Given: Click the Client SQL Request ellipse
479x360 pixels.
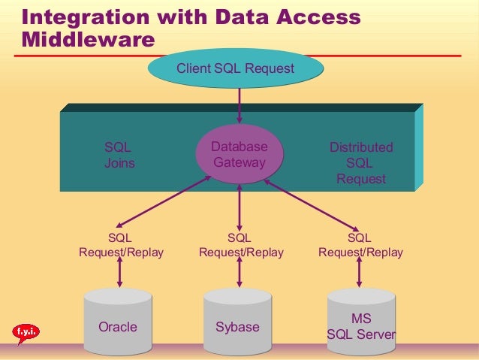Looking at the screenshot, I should [235, 70].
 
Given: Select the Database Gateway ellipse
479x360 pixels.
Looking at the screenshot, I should [239, 154].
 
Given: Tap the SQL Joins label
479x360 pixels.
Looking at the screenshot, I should [119, 155].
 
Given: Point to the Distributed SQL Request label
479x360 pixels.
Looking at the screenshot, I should [360, 163].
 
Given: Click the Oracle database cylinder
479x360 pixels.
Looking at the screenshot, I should [118, 323].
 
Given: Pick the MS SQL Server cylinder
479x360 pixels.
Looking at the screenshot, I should [360, 323].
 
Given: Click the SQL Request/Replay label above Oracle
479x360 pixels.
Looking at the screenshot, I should [121, 246].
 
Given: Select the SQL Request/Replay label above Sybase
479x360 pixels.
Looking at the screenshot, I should [240, 246].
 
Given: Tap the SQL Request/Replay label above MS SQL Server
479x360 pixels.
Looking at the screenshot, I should [360, 246].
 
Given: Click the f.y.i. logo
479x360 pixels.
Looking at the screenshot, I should [26, 331].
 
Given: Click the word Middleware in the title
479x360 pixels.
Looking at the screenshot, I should [83, 39].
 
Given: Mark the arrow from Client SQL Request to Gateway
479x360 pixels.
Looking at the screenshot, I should [239, 105].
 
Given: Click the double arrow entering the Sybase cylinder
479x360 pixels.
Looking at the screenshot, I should [239, 274].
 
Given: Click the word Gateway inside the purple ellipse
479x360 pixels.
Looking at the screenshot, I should [239, 162].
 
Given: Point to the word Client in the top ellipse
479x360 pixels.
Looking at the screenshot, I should [193, 70].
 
